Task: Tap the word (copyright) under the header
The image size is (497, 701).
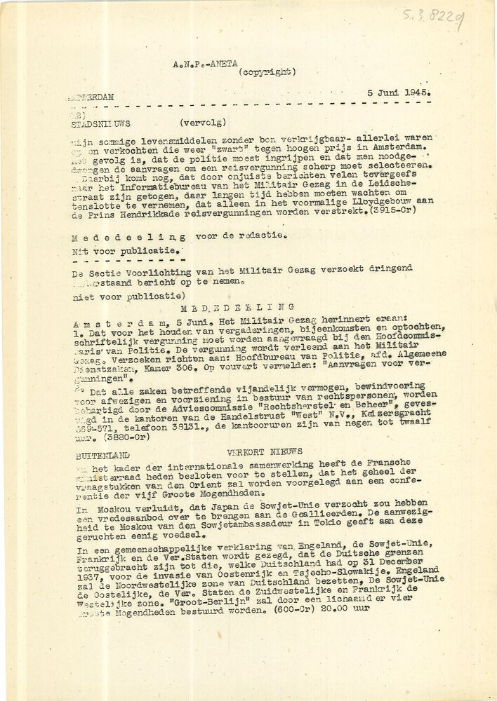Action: tap(267, 72)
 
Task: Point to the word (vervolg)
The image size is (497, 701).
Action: tap(204, 121)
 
